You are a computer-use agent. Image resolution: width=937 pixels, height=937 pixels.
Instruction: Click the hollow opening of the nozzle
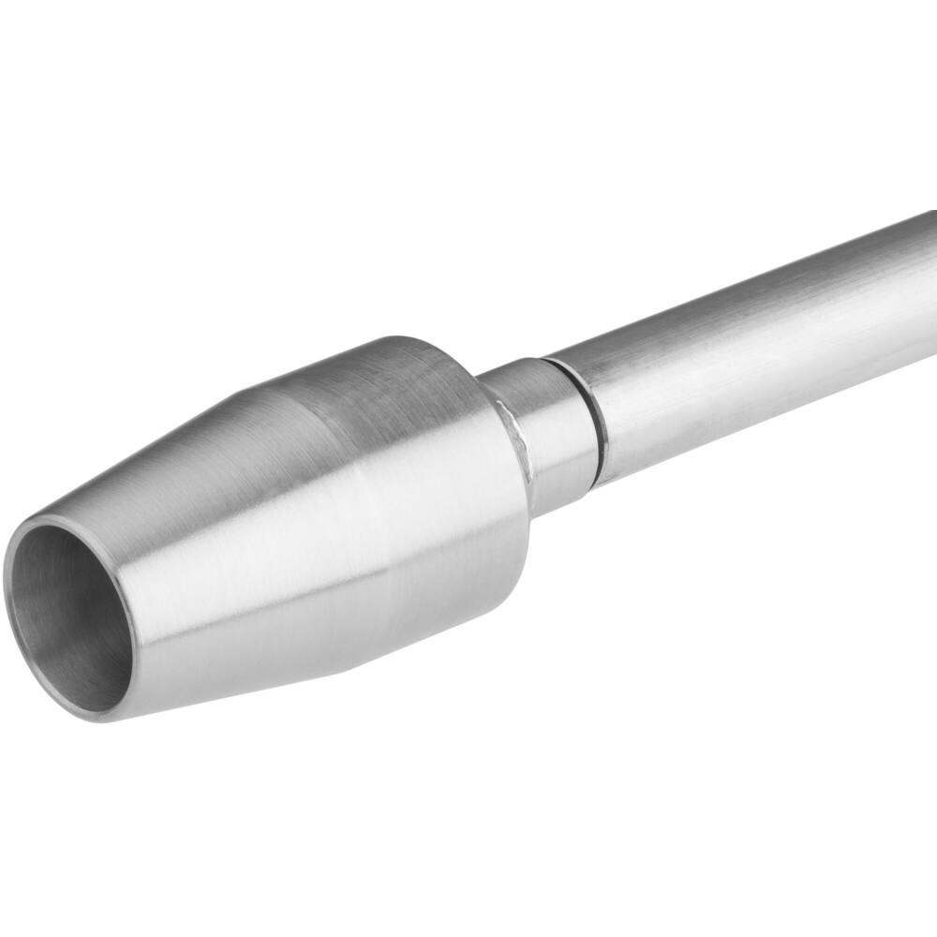(x=70, y=618)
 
